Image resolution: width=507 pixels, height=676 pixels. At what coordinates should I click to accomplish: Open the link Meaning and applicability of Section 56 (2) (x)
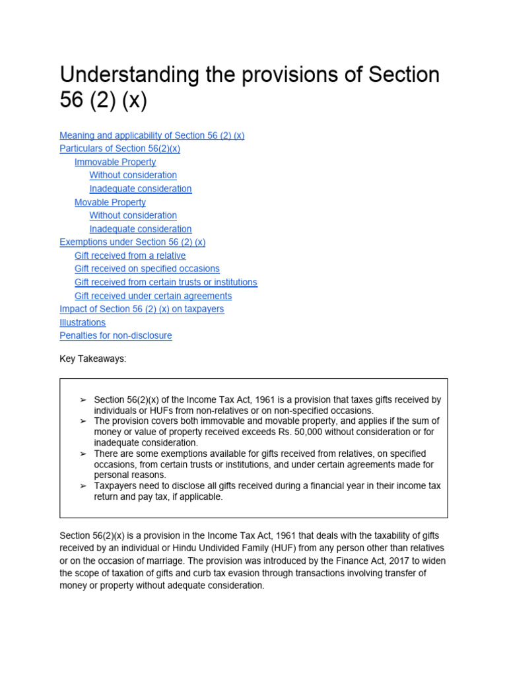152,135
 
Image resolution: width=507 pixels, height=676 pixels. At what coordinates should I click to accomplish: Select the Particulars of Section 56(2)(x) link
119,149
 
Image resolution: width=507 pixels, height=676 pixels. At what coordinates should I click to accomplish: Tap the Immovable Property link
115,162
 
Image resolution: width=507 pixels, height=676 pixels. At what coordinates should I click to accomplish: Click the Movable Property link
110,202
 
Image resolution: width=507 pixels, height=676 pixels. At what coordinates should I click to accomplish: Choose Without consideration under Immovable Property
133,175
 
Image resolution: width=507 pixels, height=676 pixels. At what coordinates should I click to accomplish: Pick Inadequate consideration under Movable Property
141,229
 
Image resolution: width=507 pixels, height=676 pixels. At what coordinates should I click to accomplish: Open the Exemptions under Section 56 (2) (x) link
132,242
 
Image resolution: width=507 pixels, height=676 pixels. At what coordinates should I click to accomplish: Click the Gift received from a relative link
130,255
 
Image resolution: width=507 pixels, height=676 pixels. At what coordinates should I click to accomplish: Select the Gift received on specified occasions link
147,269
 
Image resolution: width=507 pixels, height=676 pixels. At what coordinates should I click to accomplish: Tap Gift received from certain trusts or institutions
166,282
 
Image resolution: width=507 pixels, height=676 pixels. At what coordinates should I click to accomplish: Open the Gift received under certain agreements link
153,296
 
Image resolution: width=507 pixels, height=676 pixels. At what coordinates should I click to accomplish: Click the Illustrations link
83,322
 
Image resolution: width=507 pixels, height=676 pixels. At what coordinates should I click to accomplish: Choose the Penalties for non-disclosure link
116,335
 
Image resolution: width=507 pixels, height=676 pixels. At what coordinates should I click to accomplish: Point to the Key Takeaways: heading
92,358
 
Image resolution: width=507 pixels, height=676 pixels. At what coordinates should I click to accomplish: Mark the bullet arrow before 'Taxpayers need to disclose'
83,486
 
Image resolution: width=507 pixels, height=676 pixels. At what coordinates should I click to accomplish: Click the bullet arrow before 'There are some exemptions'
83,454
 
